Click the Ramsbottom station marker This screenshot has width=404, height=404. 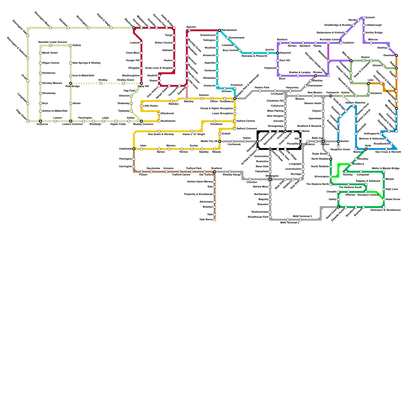(x=220, y=30)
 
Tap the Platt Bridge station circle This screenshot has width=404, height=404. (x=71, y=83)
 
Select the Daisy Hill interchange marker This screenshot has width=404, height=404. (x=141, y=83)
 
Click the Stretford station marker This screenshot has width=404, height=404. (x=215, y=172)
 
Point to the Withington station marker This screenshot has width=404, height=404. (x=270, y=179)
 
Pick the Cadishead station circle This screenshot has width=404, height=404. (x=134, y=149)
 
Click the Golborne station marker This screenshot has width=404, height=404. (x=40, y=121)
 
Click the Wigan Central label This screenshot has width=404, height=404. (x=51, y=63)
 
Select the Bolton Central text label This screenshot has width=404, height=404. (x=164, y=43)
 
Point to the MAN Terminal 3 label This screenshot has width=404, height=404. (x=302, y=216)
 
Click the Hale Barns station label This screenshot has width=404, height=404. (x=206, y=220)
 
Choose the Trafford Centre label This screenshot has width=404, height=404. (x=181, y=175)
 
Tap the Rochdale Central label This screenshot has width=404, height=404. (x=330, y=40)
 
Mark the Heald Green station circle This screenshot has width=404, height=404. (x=338, y=207)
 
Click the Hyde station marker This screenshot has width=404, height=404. (x=366, y=149)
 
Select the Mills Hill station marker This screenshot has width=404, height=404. (x=351, y=61)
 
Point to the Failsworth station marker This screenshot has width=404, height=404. (x=331, y=96)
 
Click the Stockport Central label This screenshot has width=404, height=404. (x=369, y=195)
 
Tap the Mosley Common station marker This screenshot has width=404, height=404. (x=141, y=121)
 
